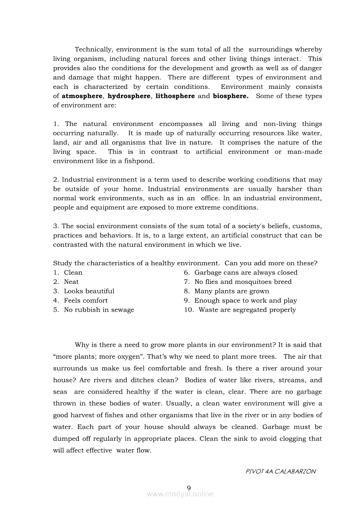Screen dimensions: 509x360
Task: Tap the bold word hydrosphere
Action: coord(129,96)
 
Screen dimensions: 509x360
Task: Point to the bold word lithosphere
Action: coord(175,96)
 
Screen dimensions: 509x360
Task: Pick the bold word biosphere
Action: coord(231,96)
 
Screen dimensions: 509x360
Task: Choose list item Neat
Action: coord(71,282)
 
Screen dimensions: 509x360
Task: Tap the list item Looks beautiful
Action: coord(89,291)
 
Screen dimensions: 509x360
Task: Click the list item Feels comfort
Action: coord(86,300)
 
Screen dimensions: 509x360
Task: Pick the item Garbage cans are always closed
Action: coord(246,273)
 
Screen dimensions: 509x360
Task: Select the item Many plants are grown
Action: coord(231,291)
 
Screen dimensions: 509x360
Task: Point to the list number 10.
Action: coord(189,310)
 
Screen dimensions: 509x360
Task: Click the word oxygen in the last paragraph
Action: coord(129,357)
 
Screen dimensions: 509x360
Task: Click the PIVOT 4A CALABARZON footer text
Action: coord(281,471)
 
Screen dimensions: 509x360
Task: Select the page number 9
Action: coord(189,487)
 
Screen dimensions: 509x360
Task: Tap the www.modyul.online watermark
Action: coord(180,494)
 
